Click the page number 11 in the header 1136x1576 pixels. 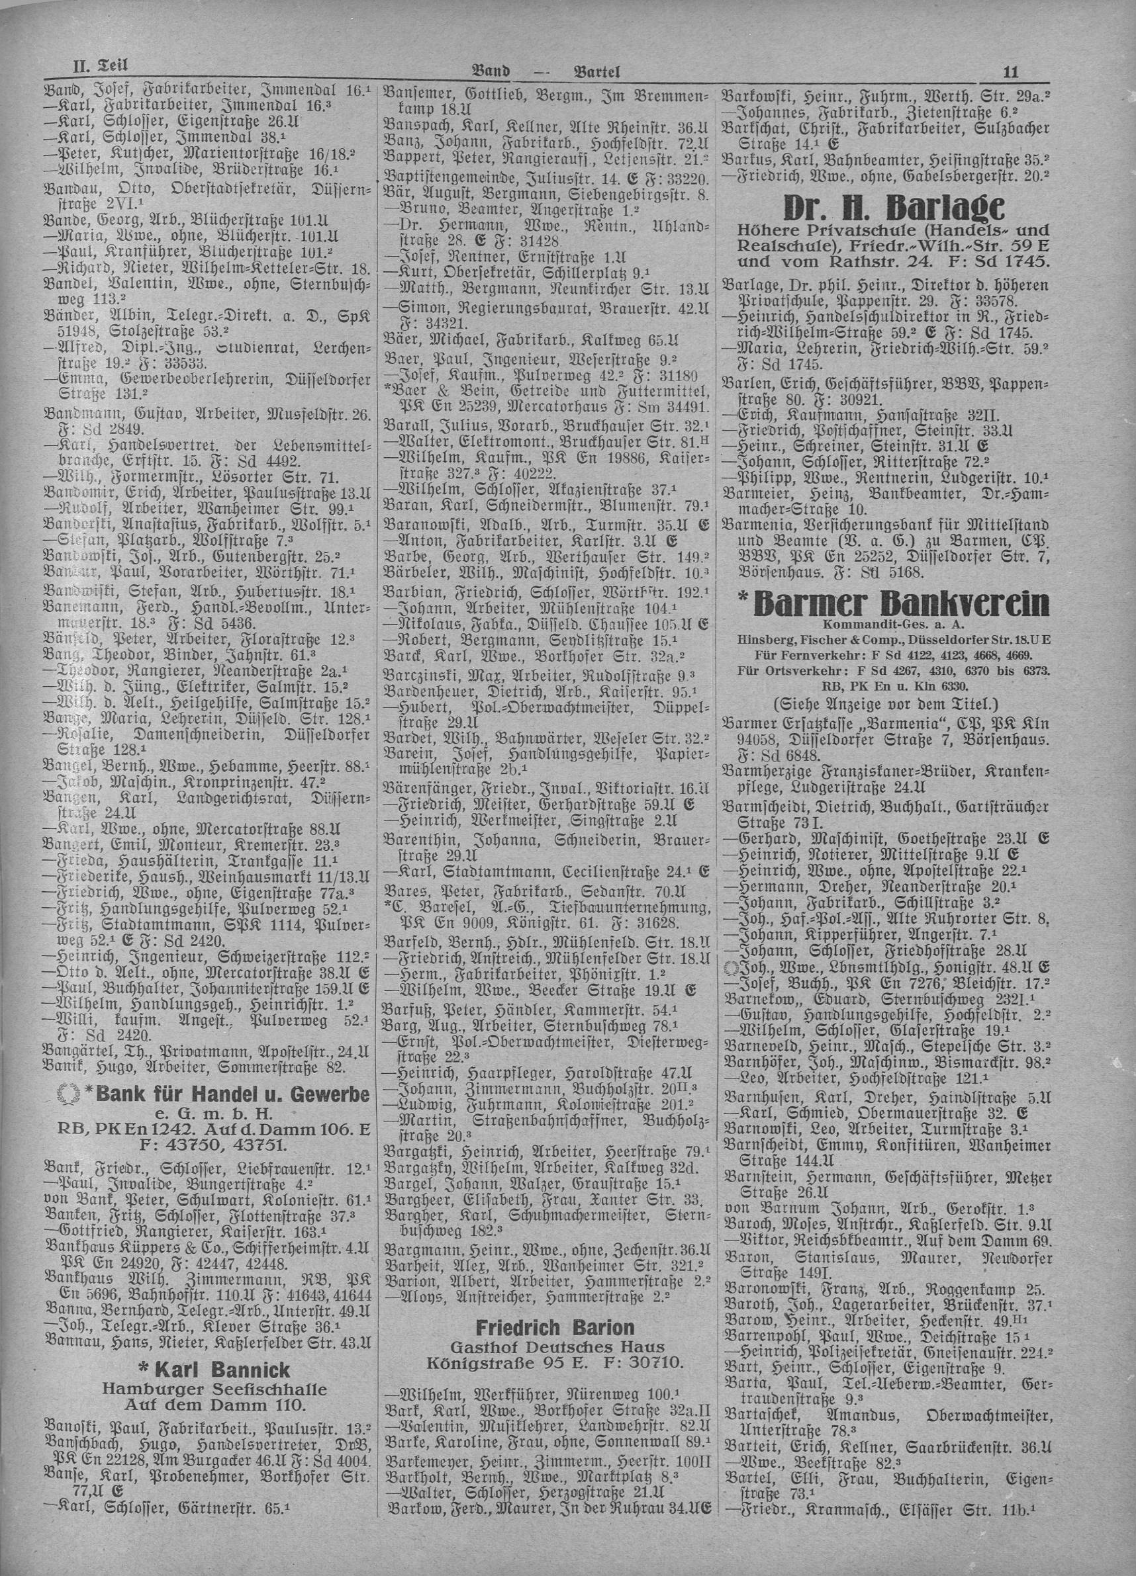[1011, 70]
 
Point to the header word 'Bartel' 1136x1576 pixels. [596, 70]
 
